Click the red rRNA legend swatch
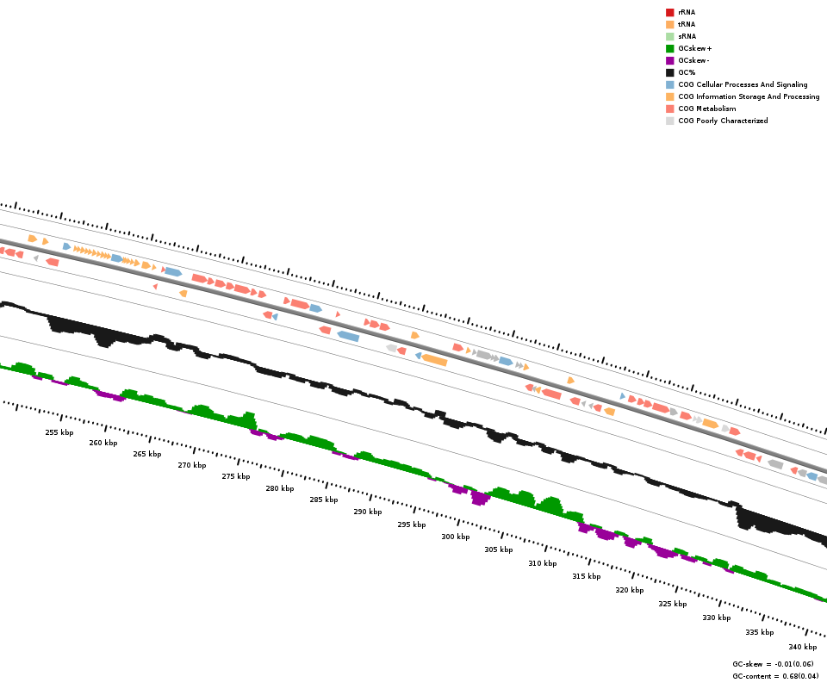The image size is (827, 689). point(669,12)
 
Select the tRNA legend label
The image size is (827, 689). point(687,24)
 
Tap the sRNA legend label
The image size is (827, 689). point(687,36)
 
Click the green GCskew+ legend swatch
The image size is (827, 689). point(669,48)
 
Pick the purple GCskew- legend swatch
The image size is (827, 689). point(669,60)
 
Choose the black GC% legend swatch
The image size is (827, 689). point(669,72)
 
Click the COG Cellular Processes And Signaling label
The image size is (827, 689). point(743,84)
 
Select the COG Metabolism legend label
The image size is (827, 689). point(706,109)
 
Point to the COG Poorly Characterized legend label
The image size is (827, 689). point(723,121)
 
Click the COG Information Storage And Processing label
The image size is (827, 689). point(749,96)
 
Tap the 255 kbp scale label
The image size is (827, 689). point(59,432)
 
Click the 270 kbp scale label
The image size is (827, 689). point(192,465)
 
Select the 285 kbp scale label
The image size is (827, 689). point(324,500)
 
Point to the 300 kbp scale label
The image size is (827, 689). point(456,537)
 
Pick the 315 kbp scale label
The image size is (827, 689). point(586,576)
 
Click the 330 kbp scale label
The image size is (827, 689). point(716,618)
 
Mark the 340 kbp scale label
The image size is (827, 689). point(802,647)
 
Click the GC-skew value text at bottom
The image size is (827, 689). point(773,664)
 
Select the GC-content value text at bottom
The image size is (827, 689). point(775,676)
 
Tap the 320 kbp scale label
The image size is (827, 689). point(629,590)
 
